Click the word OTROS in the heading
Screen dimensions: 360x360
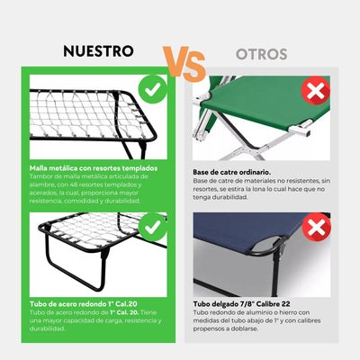click(x=262, y=54)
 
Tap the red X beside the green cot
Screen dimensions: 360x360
click(x=315, y=90)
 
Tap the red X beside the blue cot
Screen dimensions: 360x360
click(x=315, y=226)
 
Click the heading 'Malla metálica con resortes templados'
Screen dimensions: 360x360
click(x=93, y=167)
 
